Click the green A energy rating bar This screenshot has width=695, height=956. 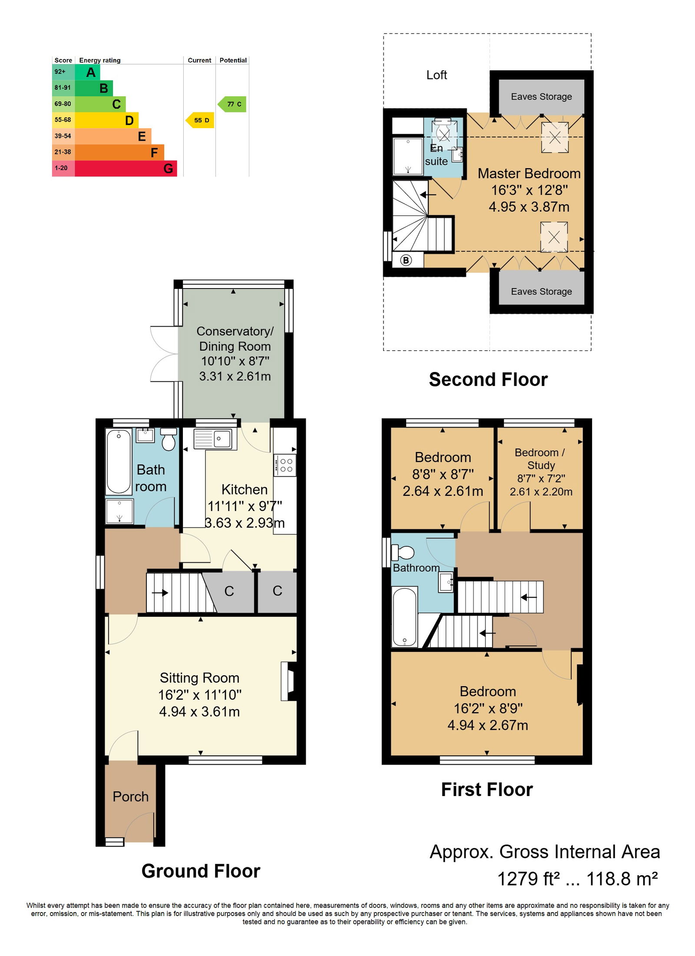(87, 72)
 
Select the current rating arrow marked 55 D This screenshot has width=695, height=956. (200, 120)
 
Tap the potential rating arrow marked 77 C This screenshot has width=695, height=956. (232, 104)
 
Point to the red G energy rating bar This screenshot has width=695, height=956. (126, 169)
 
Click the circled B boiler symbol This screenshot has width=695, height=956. (406, 260)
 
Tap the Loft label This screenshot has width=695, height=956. (437, 75)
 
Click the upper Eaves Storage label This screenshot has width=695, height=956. (541, 96)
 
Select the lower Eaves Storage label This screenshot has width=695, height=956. (541, 292)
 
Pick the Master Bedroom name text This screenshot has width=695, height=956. (529, 174)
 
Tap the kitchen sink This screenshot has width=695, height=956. (215, 439)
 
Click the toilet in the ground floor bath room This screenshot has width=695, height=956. (169, 439)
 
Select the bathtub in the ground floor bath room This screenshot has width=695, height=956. (119, 461)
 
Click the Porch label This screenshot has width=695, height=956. (130, 797)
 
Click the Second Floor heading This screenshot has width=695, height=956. (488, 380)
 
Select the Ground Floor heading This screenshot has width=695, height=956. (201, 871)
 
